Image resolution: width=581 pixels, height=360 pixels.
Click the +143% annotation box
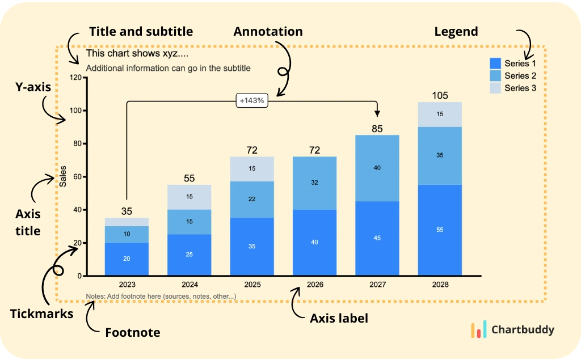(252, 100)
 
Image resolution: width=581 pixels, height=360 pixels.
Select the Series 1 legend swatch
(495, 63)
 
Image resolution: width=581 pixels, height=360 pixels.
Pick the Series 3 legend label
(520, 88)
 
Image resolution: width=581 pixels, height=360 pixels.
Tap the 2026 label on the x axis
(315, 284)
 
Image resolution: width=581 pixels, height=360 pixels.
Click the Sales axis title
(63, 176)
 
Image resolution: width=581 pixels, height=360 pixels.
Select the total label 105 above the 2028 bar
(440, 95)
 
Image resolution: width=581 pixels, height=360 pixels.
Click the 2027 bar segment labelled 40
(377, 168)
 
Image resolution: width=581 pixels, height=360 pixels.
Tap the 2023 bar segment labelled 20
(127, 259)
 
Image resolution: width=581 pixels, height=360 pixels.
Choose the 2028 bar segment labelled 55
(440, 230)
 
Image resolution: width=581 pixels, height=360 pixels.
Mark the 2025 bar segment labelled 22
(252, 199)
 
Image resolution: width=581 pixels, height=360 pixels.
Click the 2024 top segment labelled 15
(190, 197)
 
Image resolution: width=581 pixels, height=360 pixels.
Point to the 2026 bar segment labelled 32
(315, 183)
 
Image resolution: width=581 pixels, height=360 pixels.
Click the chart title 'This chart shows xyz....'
(137, 54)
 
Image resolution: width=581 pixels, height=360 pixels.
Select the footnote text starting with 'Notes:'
(161, 297)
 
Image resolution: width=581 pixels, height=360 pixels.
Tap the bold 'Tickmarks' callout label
(41, 314)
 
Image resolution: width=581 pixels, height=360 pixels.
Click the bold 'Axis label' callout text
(339, 319)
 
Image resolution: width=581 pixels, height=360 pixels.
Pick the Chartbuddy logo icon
(479, 330)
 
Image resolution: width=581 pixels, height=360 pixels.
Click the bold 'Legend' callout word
(456, 32)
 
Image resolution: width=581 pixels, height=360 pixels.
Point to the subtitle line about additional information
(168, 69)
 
